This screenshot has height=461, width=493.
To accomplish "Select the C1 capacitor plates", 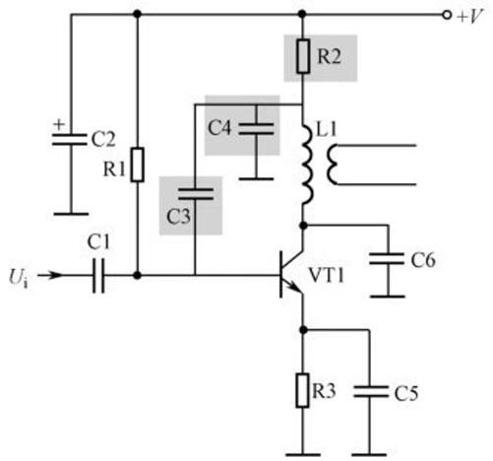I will (95, 277).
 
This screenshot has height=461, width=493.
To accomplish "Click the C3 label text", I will (178, 216).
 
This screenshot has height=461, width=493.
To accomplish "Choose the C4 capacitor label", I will (221, 127).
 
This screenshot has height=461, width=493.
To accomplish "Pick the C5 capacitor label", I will (404, 393).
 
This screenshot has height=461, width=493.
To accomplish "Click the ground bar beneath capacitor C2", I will (70, 213).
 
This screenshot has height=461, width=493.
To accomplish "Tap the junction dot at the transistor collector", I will (303, 226).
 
